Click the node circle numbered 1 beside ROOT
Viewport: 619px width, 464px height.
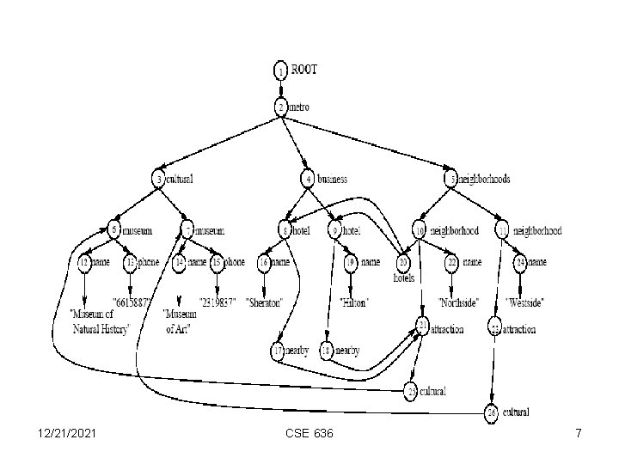point(281,69)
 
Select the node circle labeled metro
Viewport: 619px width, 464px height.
point(281,107)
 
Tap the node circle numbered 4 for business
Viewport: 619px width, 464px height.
point(308,180)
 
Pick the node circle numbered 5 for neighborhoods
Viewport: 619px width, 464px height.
point(450,180)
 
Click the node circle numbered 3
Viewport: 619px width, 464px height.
point(159,180)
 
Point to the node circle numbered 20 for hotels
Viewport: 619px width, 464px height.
point(402,263)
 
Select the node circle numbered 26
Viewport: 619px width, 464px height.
point(491,413)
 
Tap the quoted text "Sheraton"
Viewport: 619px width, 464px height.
point(269,302)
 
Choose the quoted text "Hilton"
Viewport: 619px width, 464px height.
point(355,302)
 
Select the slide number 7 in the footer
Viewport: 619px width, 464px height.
point(579,434)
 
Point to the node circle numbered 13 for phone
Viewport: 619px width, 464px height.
point(131,261)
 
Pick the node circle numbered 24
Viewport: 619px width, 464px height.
point(520,261)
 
